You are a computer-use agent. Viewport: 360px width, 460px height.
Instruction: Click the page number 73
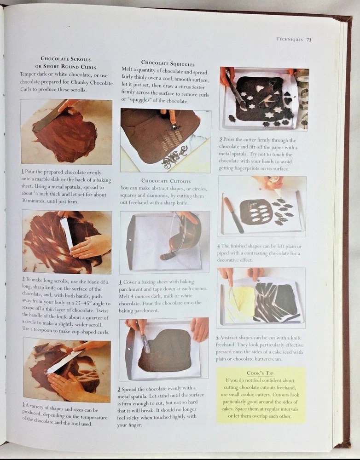coord(308,40)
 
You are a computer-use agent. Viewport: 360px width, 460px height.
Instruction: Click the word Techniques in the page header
coord(290,39)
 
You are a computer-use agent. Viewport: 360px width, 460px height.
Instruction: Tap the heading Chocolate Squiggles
coord(168,63)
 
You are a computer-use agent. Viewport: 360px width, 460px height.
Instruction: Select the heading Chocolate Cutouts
coord(166,181)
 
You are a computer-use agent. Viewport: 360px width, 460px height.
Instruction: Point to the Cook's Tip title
coord(260,373)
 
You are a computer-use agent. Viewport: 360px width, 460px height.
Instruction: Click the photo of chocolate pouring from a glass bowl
coord(165,242)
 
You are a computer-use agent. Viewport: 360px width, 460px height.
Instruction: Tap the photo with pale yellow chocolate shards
coord(261,298)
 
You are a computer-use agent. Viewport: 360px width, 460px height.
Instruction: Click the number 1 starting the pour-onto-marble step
coord(23,172)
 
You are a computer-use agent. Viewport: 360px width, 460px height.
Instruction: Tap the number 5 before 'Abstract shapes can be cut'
coord(218,338)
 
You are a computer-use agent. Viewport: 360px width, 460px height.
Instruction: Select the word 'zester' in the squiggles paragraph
coord(197,87)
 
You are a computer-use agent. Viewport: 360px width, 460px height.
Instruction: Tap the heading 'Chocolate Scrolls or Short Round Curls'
coord(66,63)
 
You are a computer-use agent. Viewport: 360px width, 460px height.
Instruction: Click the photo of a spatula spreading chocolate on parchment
coord(163,350)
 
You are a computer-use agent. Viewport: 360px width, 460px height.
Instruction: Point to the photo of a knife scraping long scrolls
coord(67,241)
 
